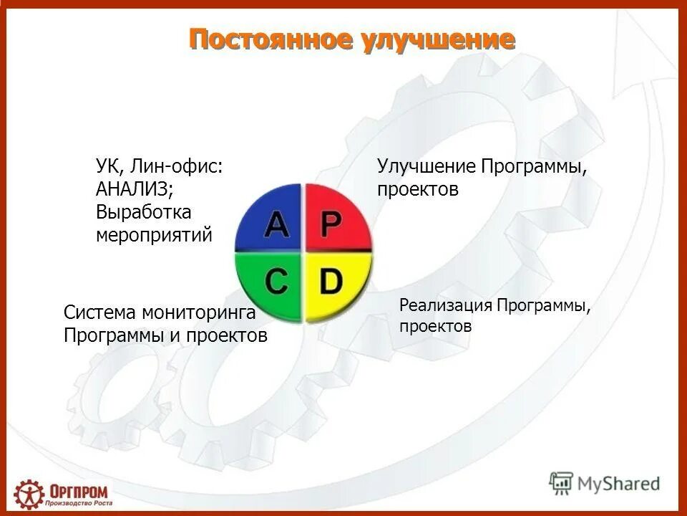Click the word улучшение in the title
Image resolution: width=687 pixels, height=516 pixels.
(436, 39)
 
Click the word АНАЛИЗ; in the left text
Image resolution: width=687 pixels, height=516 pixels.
(135, 189)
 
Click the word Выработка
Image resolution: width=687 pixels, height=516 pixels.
(144, 212)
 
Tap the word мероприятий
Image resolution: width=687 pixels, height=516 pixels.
(154, 235)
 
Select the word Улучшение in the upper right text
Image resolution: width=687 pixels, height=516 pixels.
(427, 166)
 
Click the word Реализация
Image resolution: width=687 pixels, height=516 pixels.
(445, 305)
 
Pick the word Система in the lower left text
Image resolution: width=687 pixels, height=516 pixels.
(99, 312)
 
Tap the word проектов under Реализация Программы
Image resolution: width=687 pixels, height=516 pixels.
(435, 327)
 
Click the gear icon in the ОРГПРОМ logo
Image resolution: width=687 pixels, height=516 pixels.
(29, 494)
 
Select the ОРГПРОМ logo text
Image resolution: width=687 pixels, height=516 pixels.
(79, 491)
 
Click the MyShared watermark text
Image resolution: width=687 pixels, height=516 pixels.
(620, 484)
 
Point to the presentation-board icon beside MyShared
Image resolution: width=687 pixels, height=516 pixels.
(562, 484)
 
